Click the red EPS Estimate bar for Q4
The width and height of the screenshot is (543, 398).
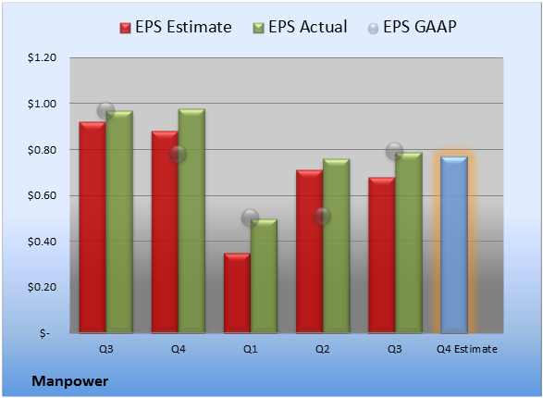point(165,232)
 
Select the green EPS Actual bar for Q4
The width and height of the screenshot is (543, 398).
point(191,221)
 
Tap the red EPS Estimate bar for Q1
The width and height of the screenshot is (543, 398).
point(237,293)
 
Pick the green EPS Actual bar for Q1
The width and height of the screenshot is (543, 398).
point(264,276)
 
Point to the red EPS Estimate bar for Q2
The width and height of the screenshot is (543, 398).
point(309,252)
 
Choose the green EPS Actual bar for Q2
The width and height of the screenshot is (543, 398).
point(337,246)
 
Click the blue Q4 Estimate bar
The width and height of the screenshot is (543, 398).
point(454,244)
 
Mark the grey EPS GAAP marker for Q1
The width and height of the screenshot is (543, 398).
point(250,218)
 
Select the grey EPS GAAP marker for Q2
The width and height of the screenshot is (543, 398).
point(322,217)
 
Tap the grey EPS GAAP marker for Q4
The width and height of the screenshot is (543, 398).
point(178,155)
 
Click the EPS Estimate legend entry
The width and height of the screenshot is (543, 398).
point(176,27)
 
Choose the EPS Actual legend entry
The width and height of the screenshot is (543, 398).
point(300,27)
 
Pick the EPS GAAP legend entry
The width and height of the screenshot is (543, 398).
point(412,27)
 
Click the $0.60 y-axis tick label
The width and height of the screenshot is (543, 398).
point(42,195)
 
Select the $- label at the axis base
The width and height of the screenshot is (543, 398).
point(44,333)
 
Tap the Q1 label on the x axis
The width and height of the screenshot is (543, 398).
point(251,349)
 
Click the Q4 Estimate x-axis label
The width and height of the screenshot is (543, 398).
point(467,349)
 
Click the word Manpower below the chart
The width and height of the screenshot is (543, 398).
point(70,381)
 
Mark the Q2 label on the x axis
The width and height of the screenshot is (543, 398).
point(323,349)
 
